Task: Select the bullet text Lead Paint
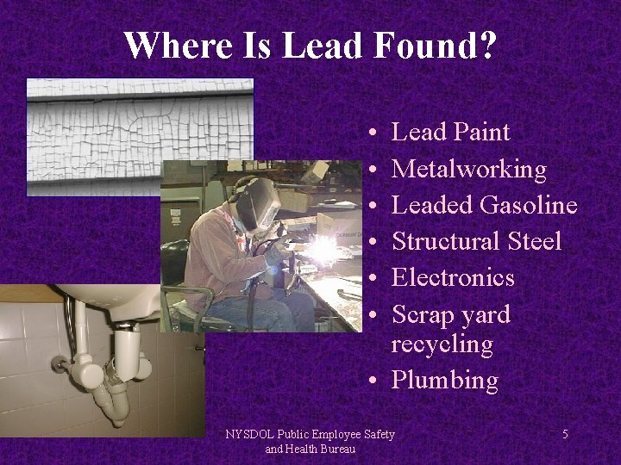click(x=450, y=132)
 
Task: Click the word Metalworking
click(x=468, y=169)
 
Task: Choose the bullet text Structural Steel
click(x=476, y=241)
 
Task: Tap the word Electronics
click(x=453, y=277)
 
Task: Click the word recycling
click(x=442, y=344)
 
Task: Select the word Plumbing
click(x=445, y=381)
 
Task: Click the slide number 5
click(x=565, y=434)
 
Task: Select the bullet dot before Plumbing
click(x=369, y=381)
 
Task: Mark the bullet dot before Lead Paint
click(x=369, y=133)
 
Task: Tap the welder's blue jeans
click(x=259, y=310)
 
